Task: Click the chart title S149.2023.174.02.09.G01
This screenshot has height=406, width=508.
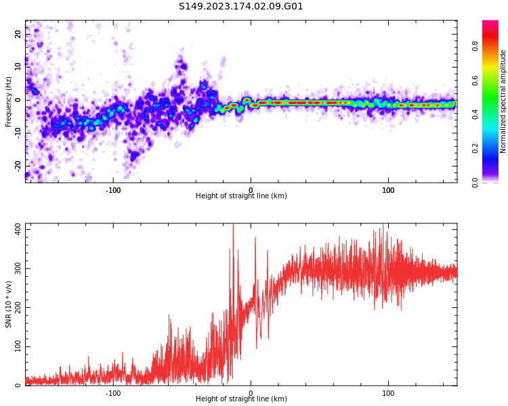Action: [x=240, y=7]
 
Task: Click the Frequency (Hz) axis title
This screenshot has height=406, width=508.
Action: [x=9, y=101]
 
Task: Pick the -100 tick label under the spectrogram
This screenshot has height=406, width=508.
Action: [x=113, y=190]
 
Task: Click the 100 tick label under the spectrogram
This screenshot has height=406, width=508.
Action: [x=388, y=190]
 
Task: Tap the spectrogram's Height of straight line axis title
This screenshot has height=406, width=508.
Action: [x=241, y=196]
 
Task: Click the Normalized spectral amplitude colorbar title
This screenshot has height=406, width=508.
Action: [x=503, y=101]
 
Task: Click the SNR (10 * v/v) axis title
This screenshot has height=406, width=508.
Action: [x=9, y=304]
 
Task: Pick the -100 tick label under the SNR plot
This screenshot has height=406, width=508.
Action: [x=113, y=393]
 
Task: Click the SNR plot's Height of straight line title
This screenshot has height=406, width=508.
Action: [x=241, y=399]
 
